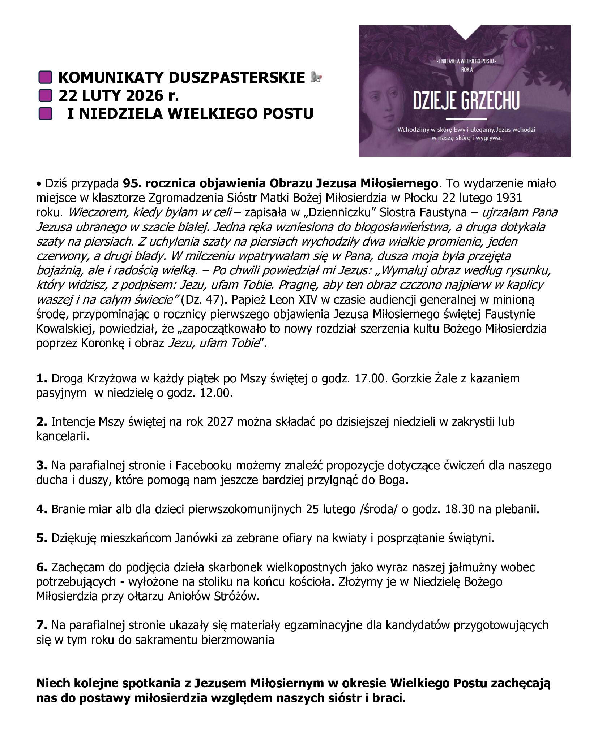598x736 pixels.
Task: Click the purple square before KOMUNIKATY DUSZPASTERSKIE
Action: click(45, 78)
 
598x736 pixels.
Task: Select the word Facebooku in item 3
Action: click(207, 465)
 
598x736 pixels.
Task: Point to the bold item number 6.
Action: click(42, 567)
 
